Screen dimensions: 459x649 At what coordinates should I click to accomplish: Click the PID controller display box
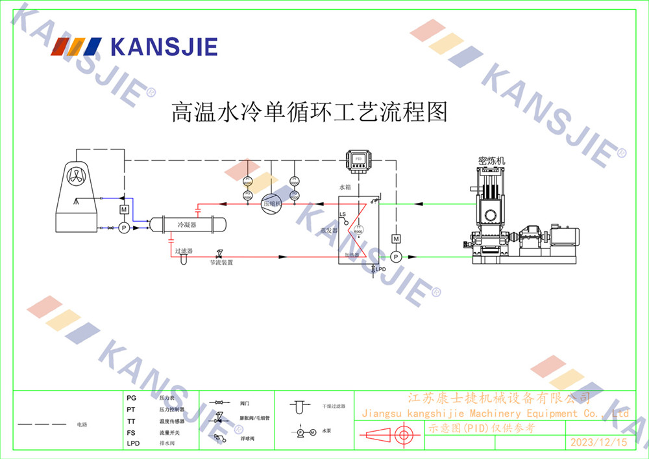point(358,159)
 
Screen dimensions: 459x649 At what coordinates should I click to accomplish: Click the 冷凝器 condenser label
point(188,224)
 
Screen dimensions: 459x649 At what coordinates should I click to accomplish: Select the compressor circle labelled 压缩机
point(271,203)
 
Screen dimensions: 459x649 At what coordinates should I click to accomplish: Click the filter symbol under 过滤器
point(184,258)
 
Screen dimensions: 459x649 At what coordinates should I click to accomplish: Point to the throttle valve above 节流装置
point(219,254)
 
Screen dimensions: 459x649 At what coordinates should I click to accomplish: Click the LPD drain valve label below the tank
point(381,269)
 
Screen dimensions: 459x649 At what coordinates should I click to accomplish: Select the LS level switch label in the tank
point(343,214)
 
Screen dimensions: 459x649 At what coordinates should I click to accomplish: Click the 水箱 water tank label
point(345,187)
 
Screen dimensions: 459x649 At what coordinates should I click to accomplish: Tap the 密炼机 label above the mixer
point(491,160)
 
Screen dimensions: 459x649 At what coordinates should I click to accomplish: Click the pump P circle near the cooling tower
point(123,228)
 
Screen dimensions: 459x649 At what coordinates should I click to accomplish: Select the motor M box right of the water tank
point(396,239)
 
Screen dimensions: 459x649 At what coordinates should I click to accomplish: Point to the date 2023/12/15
point(598,442)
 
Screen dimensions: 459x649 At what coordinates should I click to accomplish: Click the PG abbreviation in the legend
point(132,397)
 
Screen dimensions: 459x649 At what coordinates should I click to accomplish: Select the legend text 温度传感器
point(172,421)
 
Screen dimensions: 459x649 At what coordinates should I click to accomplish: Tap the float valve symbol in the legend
point(219,438)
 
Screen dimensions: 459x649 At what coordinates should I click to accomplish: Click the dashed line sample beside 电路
point(42,424)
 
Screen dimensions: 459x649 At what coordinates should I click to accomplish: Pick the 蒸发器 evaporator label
point(330,229)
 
